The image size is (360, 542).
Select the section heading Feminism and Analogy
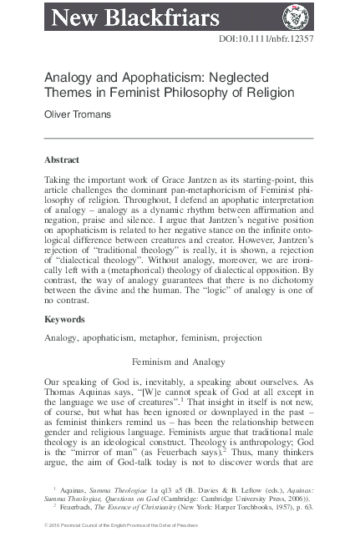(179, 362)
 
